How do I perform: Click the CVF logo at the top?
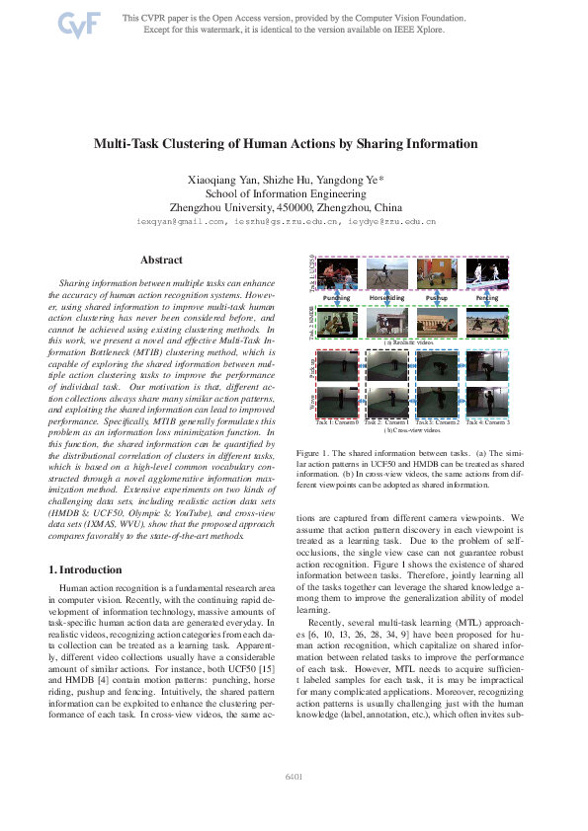pyautogui.click(x=74, y=25)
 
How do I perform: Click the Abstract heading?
pyautogui.click(x=161, y=260)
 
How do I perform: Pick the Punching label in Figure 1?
pyautogui.click(x=337, y=296)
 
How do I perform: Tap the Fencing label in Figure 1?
pyautogui.click(x=487, y=296)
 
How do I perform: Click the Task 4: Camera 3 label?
pyautogui.click(x=487, y=422)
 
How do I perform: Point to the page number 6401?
pyautogui.click(x=294, y=777)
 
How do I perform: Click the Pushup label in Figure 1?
pyautogui.click(x=437, y=296)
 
